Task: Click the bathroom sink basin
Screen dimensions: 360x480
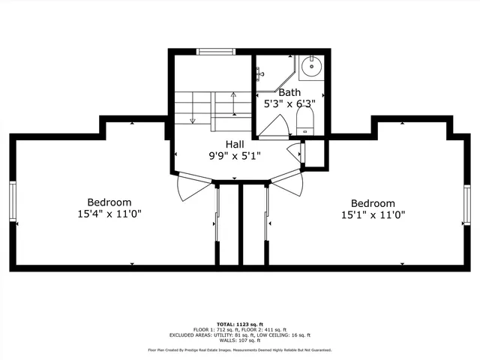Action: (x=310, y=68)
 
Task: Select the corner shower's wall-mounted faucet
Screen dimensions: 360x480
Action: (x=260, y=73)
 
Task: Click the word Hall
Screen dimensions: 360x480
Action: (x=235, y=144)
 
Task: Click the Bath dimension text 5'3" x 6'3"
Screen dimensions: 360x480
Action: (x=289, y=104)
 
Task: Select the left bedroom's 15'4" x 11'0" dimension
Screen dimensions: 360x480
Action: (x=109, y=214)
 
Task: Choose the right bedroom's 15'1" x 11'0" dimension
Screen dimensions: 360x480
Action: (x=373, y=214)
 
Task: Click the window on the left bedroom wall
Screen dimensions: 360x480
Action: (x=13, y=202)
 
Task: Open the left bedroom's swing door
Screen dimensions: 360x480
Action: (x=191, y=187)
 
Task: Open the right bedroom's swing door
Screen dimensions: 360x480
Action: (x=286, y=184)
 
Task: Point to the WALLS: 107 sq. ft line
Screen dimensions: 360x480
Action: (x=239, y=340)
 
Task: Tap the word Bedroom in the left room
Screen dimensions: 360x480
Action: (x=109, y=202)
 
